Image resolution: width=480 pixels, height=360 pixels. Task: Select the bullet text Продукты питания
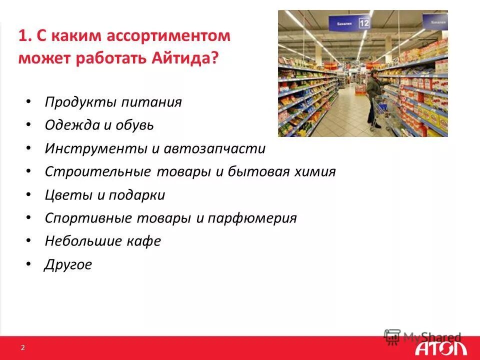pyautogui.click(x=113, y=102)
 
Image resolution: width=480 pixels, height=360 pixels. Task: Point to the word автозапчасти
pyautogui.click(x=221, y=148)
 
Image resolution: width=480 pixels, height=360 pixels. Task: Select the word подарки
pyautogui.click(x=137, y=195)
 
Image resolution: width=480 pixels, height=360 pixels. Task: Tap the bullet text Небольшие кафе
pyautogui.click(x=102, y=241)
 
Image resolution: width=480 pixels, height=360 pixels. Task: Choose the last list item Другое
pyautogui.click(x=68, y=264)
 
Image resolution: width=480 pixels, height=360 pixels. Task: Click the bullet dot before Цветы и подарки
pyautogui.click(x=29, y=195)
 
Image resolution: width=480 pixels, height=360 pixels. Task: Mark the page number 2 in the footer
pyautogui.click(x=22, y=347)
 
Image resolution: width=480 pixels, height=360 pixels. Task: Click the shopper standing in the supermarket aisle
pyautogui.click(x=373, y=97)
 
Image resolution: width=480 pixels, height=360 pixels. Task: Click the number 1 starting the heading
pyautogui.click(x=22, y=36)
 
